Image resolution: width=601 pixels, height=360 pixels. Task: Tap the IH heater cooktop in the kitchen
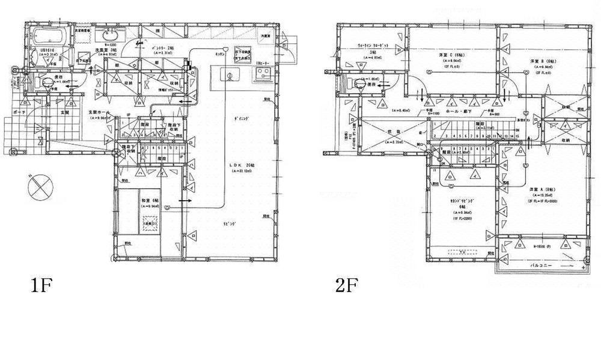[263, 74]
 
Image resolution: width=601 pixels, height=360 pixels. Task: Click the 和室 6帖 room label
[147, 200]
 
